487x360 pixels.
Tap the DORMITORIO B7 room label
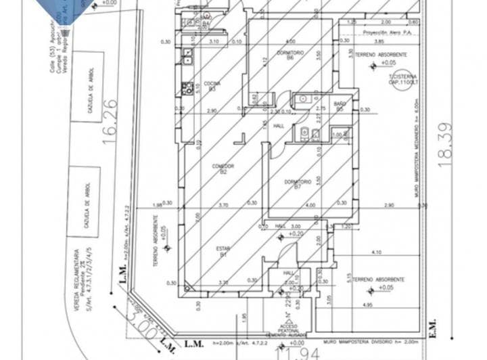click(298, 184)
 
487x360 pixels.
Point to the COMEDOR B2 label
click(223, 168)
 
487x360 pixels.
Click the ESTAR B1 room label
click(223, 251)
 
